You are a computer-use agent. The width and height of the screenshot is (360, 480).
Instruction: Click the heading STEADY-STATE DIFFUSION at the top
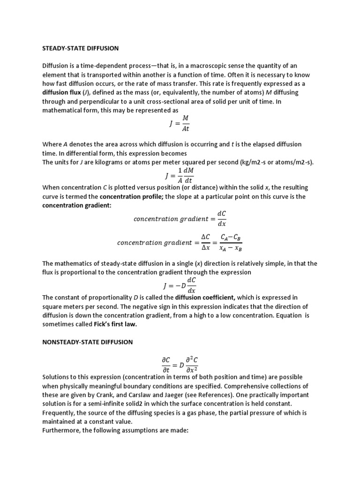(x=80, y=48)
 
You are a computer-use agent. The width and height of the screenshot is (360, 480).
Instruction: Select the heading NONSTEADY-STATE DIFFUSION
(x=88, y=342)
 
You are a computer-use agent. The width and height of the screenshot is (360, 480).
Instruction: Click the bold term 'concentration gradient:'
(x=74, y=206)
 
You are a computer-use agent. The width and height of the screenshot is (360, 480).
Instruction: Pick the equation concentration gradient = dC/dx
(x=180, y=218)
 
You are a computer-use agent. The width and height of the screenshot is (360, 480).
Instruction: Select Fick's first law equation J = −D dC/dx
(x=180, y=285)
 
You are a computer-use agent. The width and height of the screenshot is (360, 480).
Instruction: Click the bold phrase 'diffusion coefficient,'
(x=205, y=297)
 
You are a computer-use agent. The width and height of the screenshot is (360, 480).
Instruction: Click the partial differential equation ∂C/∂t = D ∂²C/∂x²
(x=180, y=364)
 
